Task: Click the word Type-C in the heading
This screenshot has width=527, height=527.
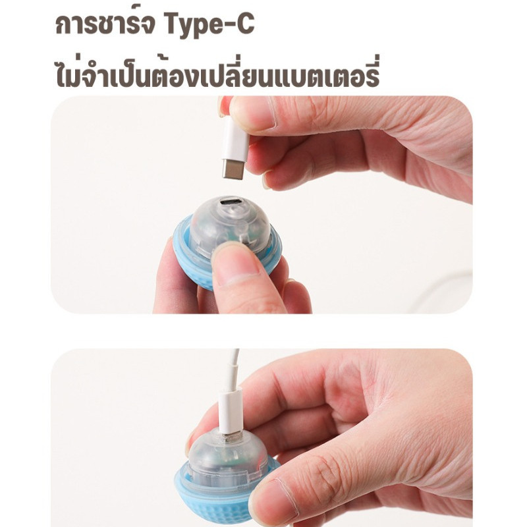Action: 209,24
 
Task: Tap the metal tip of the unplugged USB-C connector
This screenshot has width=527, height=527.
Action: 233,170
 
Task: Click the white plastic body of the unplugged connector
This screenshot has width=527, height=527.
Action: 235,140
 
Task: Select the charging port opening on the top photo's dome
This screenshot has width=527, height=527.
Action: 229,203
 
